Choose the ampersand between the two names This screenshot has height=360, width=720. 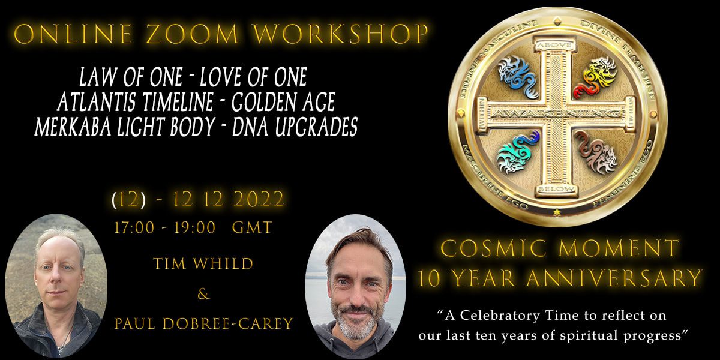[203, 295]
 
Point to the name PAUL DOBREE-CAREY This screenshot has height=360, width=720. [203, 325]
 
